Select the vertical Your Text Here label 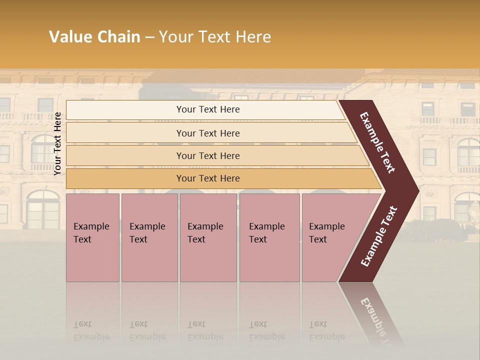point(57,143)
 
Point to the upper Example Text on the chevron point(377,142)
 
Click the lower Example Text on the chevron point(379,236)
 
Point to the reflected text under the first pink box point(91,330)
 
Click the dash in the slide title point(149,37)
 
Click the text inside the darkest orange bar point(208,178)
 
